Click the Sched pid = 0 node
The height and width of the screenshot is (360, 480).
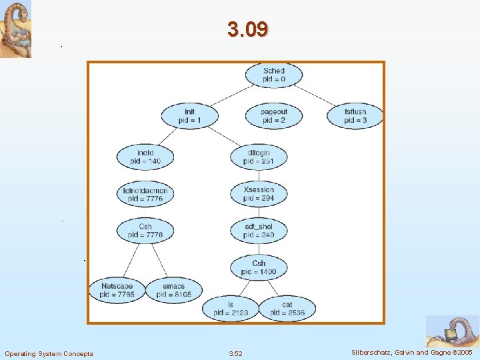pos(273,75)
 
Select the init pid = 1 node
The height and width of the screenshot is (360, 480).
pos(189,116)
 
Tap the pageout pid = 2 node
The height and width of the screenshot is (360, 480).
pos(273,116)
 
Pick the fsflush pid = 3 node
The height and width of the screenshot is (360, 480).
pos(355,116)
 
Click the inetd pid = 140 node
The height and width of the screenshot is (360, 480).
pos(145,157)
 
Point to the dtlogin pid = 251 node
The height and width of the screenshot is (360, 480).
pos(259,157)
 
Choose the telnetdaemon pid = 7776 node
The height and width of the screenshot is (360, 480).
pos(145,194)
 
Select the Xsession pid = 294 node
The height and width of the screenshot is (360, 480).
pos(259,194)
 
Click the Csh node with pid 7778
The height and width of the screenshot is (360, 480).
pos(145,231)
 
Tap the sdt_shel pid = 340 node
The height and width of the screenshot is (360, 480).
pos(259,231)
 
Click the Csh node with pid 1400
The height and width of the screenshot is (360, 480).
pos(259,267)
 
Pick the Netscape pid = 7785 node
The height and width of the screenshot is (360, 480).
pos(117,290)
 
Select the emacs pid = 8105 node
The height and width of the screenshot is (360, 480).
pos(173,290)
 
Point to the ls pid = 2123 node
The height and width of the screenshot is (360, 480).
pos(231,308)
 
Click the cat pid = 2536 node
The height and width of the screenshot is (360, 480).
pos(287,308)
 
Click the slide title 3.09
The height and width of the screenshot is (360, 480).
pos(247,29)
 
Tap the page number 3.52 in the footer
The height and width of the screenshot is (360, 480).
pos(235,353)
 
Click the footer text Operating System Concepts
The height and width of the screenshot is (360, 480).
pos(49,353)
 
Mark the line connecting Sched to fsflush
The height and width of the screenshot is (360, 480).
pos(317,95)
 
